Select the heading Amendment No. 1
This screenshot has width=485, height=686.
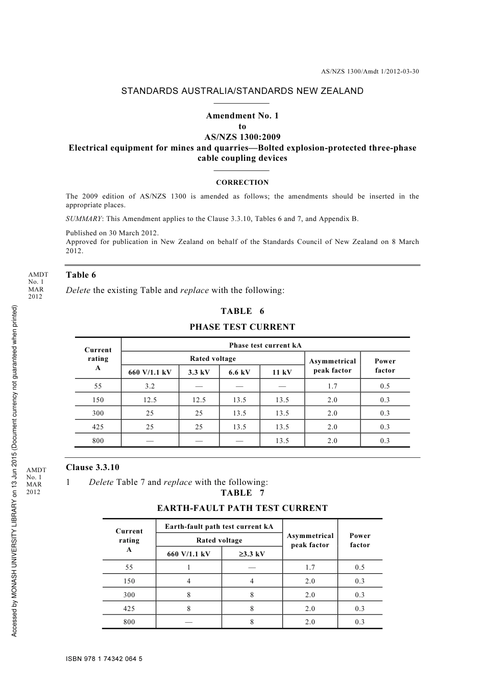[242, 116]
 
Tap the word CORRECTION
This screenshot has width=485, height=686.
[242, 182]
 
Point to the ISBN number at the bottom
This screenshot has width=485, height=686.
[104, 659]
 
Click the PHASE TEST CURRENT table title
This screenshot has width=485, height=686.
[242, 327]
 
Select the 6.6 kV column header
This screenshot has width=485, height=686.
[239, 372]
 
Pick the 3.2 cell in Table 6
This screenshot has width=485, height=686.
[150, 386]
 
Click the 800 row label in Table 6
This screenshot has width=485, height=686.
[98, 440]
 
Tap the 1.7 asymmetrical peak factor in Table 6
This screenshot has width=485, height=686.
[332, 386]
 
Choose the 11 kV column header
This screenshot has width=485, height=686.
[282, 372]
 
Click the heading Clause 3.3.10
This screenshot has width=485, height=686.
[92, 468]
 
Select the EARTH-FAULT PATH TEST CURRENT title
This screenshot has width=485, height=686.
[242, 508]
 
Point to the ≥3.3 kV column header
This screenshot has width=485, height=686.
[252, 554]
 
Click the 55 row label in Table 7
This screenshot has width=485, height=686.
[129, 567]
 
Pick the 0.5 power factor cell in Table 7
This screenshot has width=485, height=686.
[360, 567]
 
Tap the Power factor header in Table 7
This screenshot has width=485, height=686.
[360, 540]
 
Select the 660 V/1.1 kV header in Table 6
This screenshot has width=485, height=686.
[150, 372]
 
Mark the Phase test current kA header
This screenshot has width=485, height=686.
[265, 345]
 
